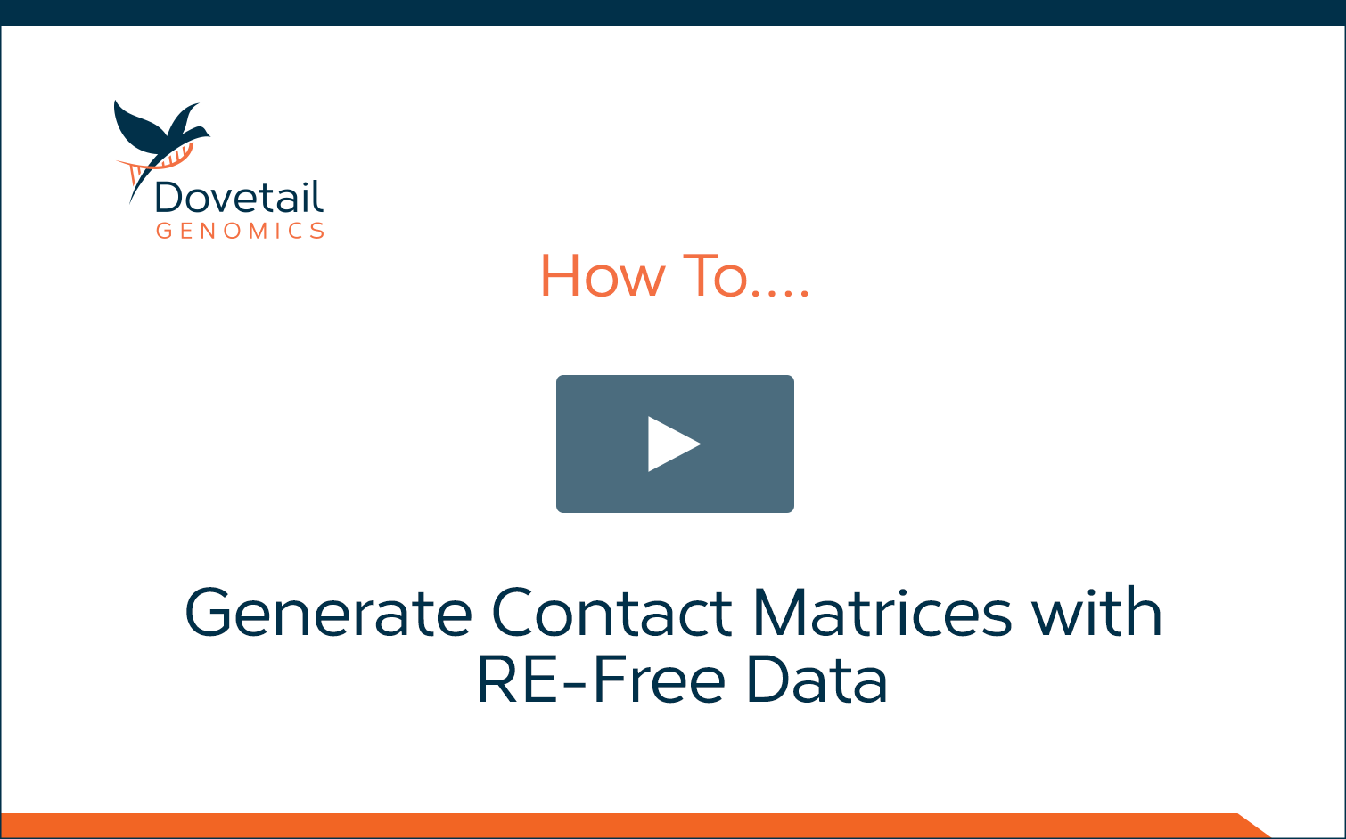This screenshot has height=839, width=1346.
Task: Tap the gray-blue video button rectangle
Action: click(x=675, y=444)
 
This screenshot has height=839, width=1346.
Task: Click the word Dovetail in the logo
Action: click(x=239, y=196)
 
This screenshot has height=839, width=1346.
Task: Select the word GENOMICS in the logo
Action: click(x=241, y=231)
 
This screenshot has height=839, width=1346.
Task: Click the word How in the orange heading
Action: click(x=603, y=276)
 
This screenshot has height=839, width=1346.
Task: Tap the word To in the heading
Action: click(x=715, y=276)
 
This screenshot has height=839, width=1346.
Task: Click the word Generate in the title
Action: click(x=328, y=612)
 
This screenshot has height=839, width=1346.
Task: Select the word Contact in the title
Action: click(x=611, y=612)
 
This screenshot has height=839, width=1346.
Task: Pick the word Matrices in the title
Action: click(x=882, y=612)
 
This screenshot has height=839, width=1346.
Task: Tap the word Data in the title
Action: click(x=817, y=680)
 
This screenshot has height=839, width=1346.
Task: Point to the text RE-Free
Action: click(x=602, y=680)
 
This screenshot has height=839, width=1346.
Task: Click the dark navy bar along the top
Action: click(x=673, y=12)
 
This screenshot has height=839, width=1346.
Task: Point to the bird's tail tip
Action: click(x=130, y=203)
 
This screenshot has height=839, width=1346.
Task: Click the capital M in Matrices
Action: click(x=779, y=612)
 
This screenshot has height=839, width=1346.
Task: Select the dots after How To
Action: click(x=781, y=293)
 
